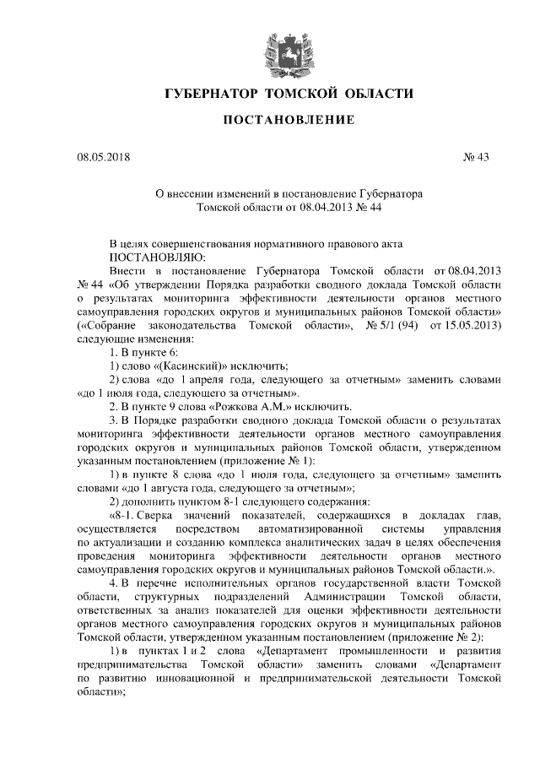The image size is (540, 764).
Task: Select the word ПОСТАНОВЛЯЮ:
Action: [157, 256]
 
